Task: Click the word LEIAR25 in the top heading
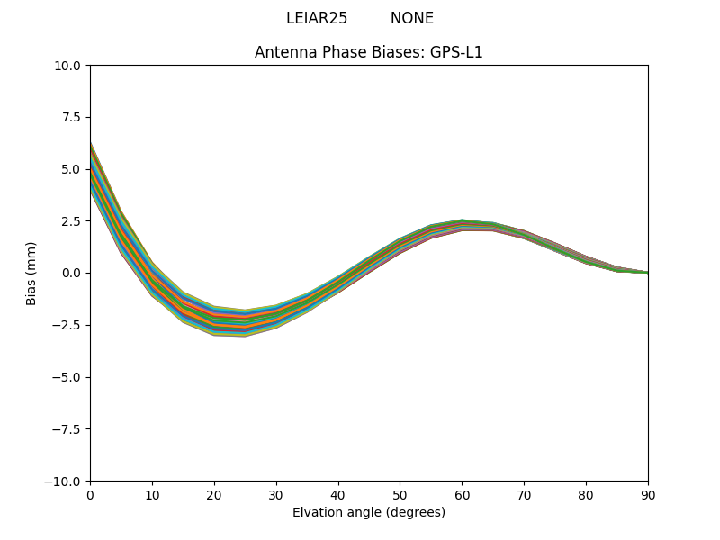tap(317, 18)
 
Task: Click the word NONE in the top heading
tap(411, 18)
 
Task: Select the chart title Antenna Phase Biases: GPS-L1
tap(369, 52)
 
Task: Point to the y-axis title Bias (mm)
tap(31, 273)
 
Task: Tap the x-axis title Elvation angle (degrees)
tap(369, 512)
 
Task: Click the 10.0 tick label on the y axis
tap(68, 66)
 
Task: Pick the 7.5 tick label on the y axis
tap(72, 117)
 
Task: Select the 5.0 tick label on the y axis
tap(72, 169)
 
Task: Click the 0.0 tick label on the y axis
tap(72, 273)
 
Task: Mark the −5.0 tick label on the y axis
tap(68, 377)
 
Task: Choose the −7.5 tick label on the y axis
tap(68, 429)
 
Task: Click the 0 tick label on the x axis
tap(90, 495)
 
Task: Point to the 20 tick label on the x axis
tap(214, 495)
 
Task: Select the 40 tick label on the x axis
tap(338, 495)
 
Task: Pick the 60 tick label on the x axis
tap(462, 495)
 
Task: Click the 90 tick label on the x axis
tap(648, 495)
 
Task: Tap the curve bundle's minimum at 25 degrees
tap(245, 323)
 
